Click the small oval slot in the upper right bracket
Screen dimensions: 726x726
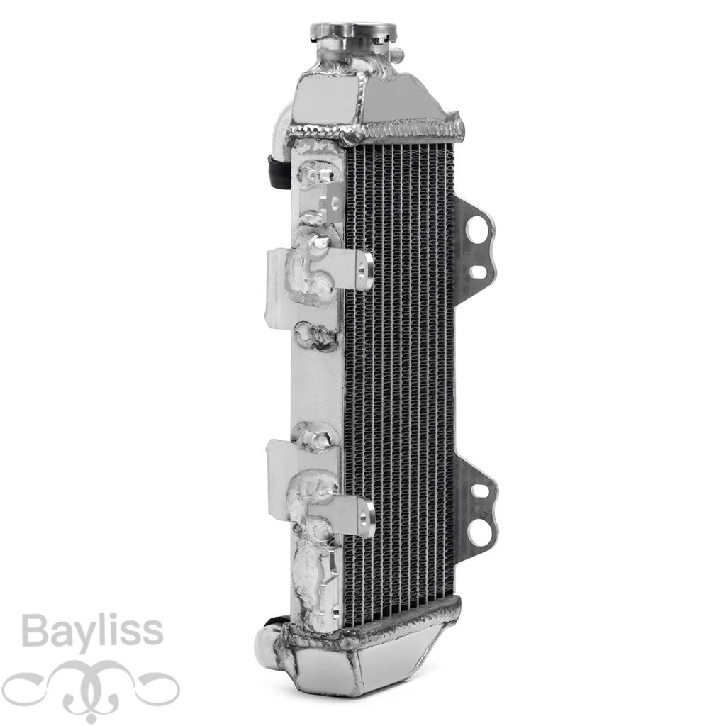point(478,272)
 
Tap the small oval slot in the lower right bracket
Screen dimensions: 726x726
point(478,491)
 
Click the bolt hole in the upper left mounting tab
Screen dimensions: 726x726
point(362,272)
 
